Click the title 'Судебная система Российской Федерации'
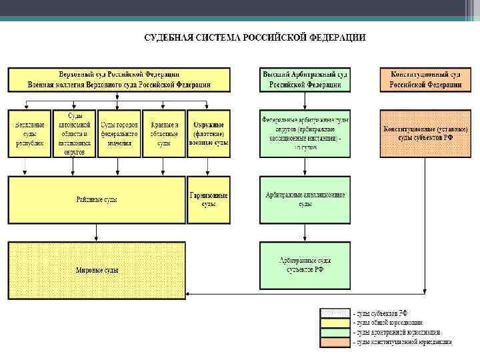pyautogui.click(x=255, y=37)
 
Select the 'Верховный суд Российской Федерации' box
pyautogui.click(x=119, y=79)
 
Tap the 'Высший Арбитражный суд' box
pyautogui.click(x=305, y=79)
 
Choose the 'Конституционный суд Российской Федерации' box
pyautogui.click(x=425, y=79)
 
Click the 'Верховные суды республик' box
pyautogui.click(x=29, y=133)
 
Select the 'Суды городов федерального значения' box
pyautogui.click(x=119, y=133)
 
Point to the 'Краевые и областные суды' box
pyautogui.click(x=164, y=133)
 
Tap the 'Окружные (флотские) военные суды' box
pyautogui.click(x=209, y=133)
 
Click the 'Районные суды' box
pyautogui.click(x=97, y=199)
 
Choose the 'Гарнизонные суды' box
pyautogui.click(x=209, y=199)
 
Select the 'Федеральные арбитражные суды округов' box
pyautogui.click(x=305, y=133)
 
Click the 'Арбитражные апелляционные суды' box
pyautogui.click(x=305, y=199)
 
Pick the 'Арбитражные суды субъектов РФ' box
pyautogui.click(x=305, y=264)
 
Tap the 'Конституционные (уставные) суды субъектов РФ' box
pyautogui.click(x=425, y=133)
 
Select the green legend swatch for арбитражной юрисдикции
pyautogui.click(x=335, y=332)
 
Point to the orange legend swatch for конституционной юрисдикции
pyautogui.click(x=335, y=342)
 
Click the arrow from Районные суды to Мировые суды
pyautogui.click(x=97, y=233)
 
